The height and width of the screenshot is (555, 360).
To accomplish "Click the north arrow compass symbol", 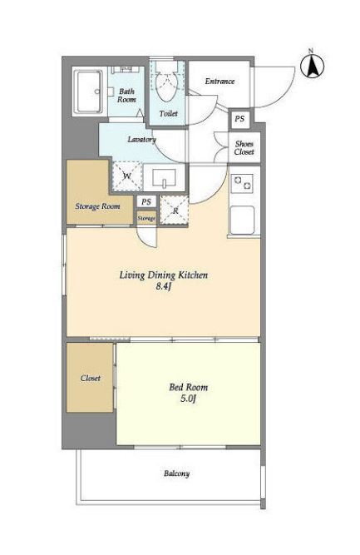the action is point(313,66).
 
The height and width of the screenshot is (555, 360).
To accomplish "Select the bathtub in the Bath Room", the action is point(87,92).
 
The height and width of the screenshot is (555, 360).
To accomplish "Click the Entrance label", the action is point(219,81).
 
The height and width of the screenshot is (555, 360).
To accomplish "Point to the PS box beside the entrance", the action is point(239,119).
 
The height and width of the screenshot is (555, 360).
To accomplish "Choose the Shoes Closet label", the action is point(244,148).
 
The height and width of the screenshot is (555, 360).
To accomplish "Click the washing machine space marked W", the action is point(127,176).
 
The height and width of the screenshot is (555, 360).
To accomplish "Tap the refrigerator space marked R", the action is point(175,211).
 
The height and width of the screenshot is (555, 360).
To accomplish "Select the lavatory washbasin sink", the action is point(164,178).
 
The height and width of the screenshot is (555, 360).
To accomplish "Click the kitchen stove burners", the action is point(242,183).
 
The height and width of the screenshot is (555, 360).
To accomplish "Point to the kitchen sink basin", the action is point(242,220).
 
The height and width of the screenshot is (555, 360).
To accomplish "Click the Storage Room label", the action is point(97,206).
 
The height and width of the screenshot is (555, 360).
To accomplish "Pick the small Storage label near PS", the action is point(146,218).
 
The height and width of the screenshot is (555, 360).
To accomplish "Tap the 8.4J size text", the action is point(164,286).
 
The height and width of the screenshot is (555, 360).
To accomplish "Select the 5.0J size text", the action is point(188,399).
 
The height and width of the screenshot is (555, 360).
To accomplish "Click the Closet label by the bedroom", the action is point(90,378).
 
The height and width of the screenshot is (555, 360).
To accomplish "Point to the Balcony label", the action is point(177,473).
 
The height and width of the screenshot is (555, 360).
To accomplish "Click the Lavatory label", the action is point(142,140).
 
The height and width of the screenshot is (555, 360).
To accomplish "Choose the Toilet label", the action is point(168,114).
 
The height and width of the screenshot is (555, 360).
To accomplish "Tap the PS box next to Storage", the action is point(146,201).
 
